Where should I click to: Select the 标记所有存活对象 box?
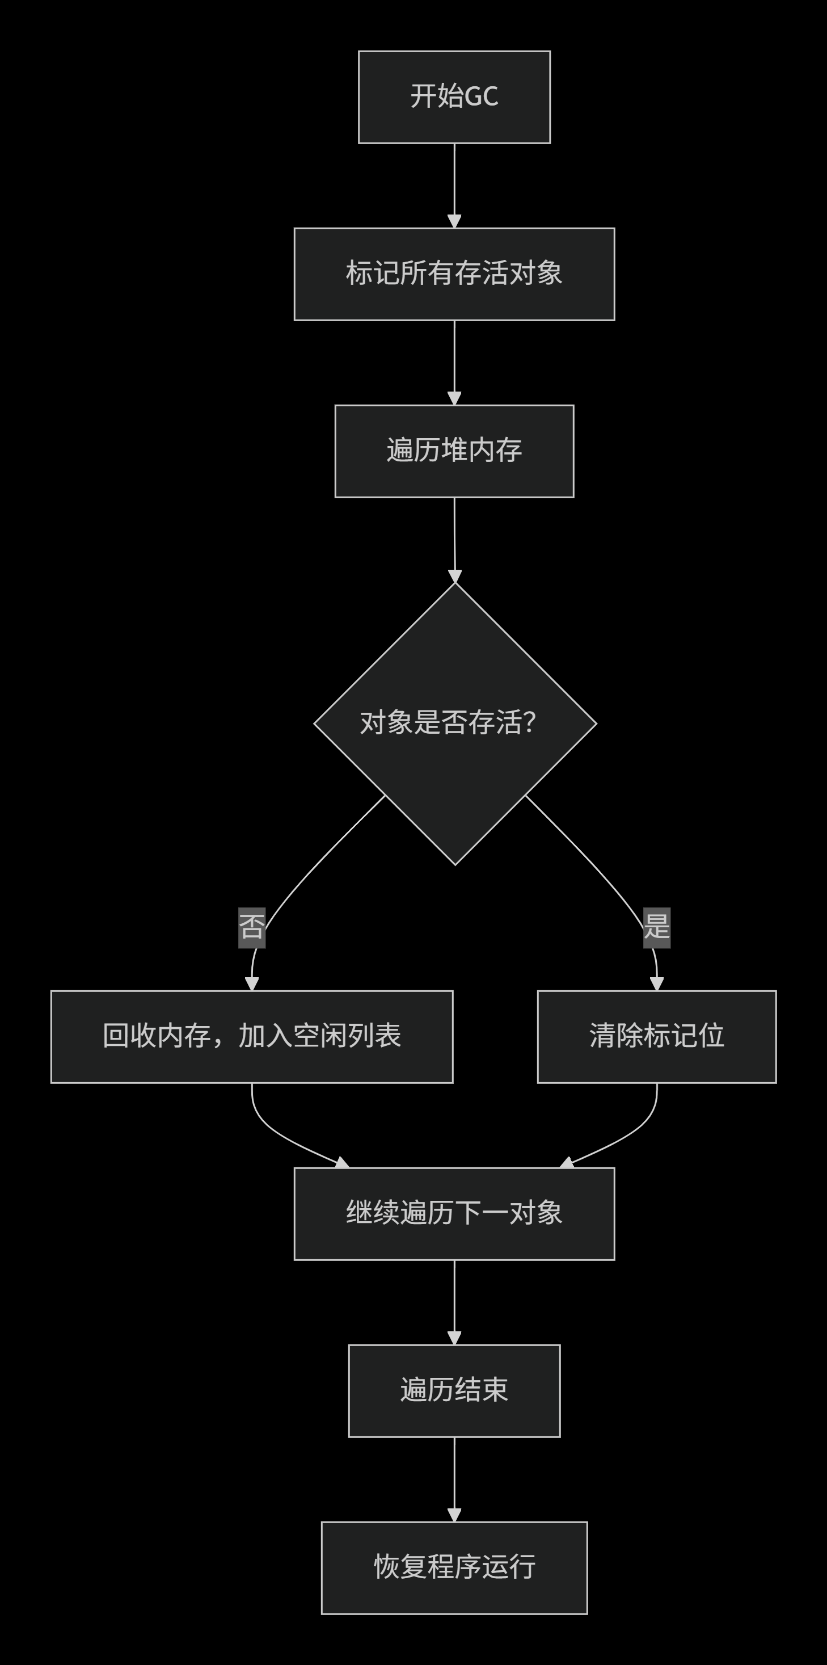(454, 274)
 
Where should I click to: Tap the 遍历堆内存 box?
(454, 451)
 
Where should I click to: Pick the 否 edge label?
(252, 927)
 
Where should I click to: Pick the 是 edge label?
(656, 927)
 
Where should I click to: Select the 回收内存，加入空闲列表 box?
(252, 1037)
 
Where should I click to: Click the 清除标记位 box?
(656, 1037)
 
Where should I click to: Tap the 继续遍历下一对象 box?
(454, 1214)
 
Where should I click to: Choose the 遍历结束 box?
(454, 1391)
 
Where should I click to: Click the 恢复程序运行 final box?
(454, 1568)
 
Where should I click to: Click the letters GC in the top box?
(482, 97)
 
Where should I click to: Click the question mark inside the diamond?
(530, 722)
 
